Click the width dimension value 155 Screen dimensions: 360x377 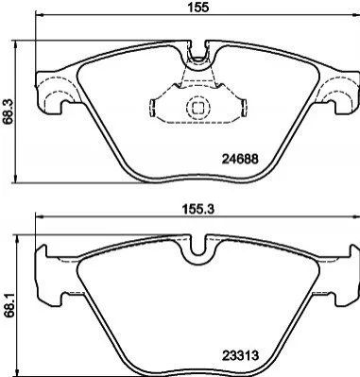[x=198, y=7]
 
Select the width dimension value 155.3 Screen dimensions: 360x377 [x=198, y=210]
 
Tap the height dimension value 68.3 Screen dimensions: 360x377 [x=8, y=111]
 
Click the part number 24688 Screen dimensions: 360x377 [x=240, y=159]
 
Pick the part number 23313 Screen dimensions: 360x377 [x=241, y=356]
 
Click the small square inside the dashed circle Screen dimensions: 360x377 [x=197, y=108]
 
